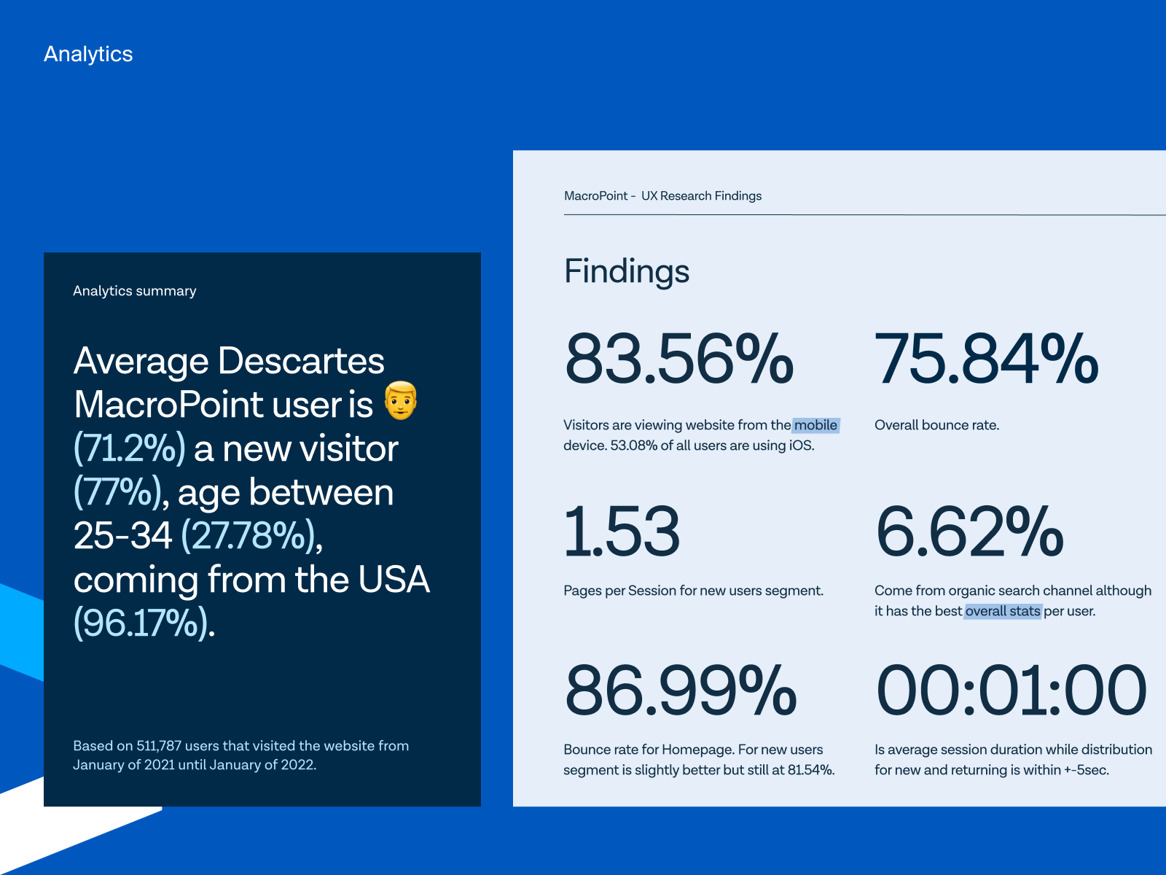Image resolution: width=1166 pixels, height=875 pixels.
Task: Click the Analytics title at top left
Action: point(88,54)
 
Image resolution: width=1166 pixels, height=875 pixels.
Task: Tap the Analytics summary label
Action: point(135,291)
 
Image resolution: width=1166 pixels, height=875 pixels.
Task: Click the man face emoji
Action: point(401,400)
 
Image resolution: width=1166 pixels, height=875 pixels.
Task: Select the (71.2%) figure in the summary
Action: point(130,448)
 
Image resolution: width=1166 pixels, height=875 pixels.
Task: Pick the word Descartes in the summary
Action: point(301,361)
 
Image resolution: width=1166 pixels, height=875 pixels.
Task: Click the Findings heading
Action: point(627,271)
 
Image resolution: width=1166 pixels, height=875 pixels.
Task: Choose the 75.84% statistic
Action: point(986,359)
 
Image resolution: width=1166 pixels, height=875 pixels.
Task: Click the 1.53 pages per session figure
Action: point(622,532)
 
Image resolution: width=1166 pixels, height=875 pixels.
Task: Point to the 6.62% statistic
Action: point(969,532)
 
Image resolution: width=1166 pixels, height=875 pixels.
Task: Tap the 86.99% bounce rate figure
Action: point(681,691)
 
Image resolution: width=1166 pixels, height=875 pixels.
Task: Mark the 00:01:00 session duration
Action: point(1012,691)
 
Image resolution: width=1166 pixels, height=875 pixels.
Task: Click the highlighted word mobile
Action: point(815,425)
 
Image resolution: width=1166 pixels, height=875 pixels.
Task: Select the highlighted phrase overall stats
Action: point(1003,611)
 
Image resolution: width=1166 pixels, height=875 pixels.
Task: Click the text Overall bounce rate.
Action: point(936,425)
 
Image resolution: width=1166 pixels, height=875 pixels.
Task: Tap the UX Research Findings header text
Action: point(701,196)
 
